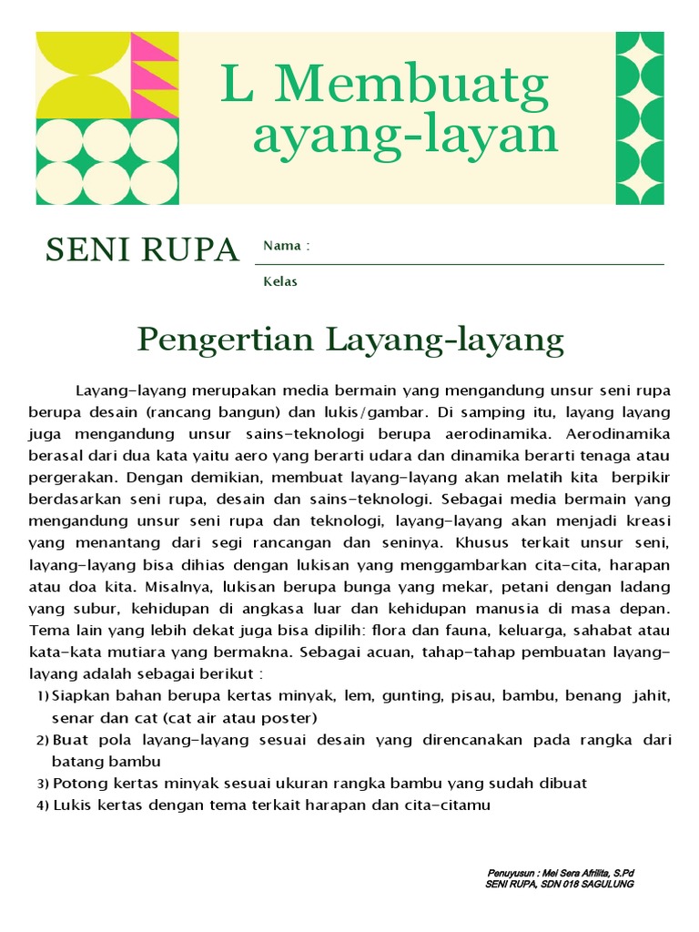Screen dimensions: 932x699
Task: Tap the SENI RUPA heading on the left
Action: click(x=142, y=249)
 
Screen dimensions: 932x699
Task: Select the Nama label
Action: click(x=281, y=246)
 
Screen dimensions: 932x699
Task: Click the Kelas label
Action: click(x=280, y=281)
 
